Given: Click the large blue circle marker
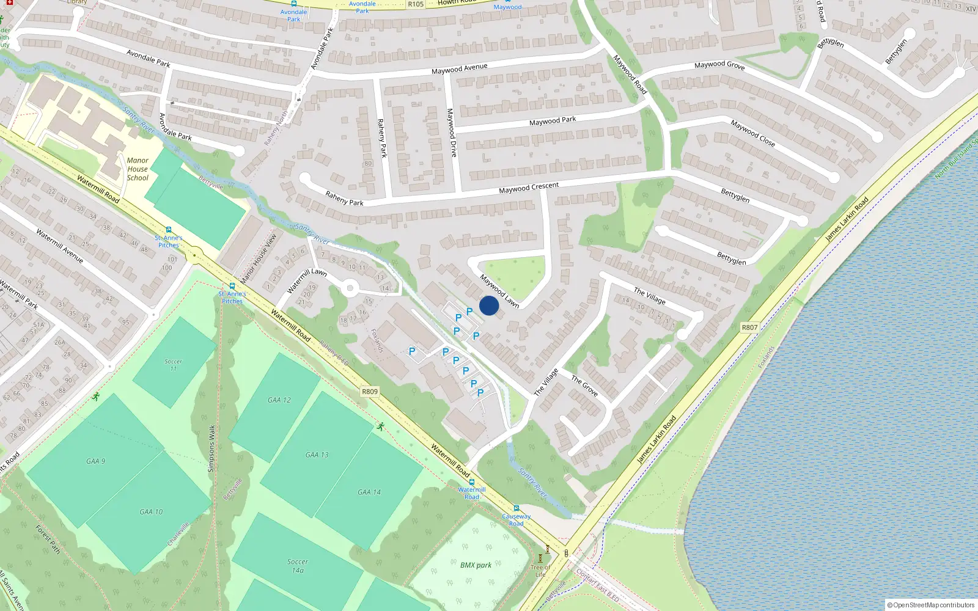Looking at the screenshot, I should click(489, 305).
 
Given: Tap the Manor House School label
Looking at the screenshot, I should click(138, 169).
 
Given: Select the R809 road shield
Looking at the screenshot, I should click(370, 392).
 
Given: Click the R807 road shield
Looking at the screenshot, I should click(749, 327).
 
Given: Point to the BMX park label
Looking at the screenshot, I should click(476, 565).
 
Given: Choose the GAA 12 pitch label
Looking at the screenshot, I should click(279, 400).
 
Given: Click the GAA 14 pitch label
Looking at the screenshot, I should click(369, 492).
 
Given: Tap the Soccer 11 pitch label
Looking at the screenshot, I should click(173, 365).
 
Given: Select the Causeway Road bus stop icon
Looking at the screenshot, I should click(517, 508).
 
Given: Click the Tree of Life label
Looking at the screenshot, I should click(540, 571).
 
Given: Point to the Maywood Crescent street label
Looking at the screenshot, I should click(529, 188).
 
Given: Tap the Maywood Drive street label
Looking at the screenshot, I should click(452, 133).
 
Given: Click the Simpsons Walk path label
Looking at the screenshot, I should click(212, 448).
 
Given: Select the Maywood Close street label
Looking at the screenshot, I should click(752, 133).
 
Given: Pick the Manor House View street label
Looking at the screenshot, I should click(258, 258).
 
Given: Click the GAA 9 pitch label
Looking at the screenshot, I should click(96, 461).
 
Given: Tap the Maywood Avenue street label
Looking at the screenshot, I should click(459, 68).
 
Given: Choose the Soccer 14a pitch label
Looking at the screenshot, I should click(298, 566).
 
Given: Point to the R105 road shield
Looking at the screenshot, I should click(416, 4).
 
